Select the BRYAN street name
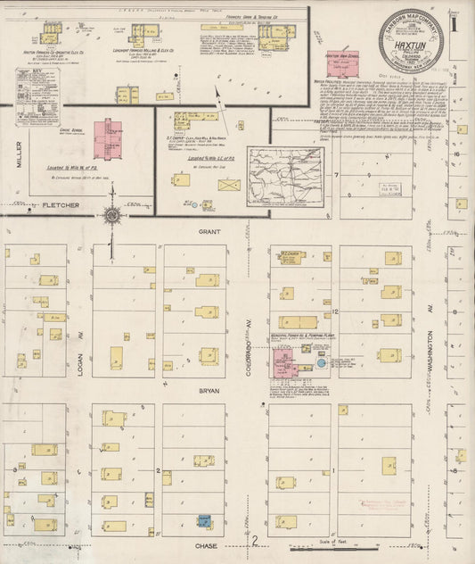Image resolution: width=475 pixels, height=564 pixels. (209, 390)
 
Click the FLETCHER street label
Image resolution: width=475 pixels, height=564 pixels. (61, 205)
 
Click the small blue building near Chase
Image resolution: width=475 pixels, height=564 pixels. (204, 520)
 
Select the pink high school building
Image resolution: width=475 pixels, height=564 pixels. (339, 62)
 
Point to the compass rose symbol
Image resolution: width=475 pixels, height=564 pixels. (111, 215)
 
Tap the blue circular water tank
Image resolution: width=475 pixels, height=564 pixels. (321, 365)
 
